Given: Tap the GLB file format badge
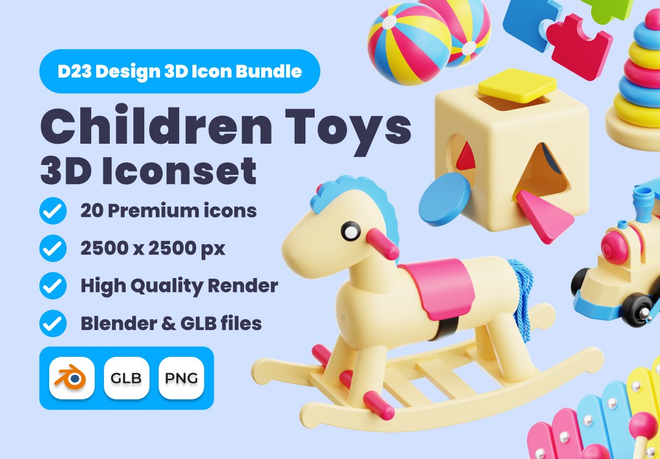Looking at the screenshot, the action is click(x=126, y=378).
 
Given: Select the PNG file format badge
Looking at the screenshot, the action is click(x=181, y=378).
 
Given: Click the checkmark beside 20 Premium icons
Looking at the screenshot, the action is click(x=53, y=211).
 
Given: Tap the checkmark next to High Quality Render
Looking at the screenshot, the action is click(x=53, y=286).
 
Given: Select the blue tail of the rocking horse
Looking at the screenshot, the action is click(x=522, y=298).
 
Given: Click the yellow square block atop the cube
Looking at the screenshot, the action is click(x=517, y=85).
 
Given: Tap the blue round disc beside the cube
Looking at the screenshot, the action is click(x=445, y=199).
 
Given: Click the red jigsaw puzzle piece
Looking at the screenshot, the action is click(x=580, y=47).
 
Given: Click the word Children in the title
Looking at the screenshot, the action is click(x=156, y=125).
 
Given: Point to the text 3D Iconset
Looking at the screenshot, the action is click(x=149, y=171).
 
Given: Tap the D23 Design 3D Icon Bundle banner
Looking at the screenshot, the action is click(x=180, y=71).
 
